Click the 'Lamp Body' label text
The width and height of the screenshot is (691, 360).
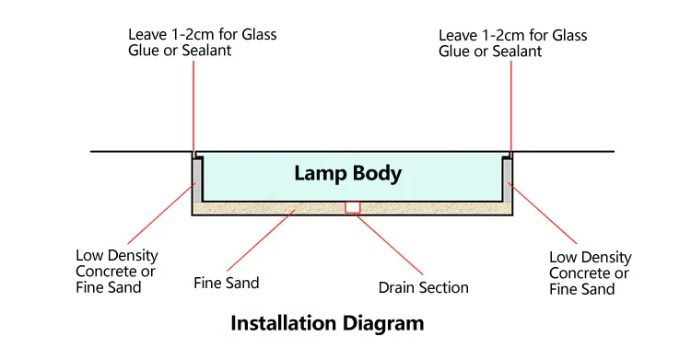pos(348,173)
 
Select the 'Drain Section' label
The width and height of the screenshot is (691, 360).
pos(423,287)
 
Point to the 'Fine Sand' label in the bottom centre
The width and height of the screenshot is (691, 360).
pos(227,283)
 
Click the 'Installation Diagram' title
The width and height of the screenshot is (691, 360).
pos(327,324)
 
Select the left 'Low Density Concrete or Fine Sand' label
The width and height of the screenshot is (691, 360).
pos(116,271)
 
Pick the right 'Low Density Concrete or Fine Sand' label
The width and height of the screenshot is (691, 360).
pos(590,273)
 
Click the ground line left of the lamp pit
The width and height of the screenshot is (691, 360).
pos(138,152)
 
